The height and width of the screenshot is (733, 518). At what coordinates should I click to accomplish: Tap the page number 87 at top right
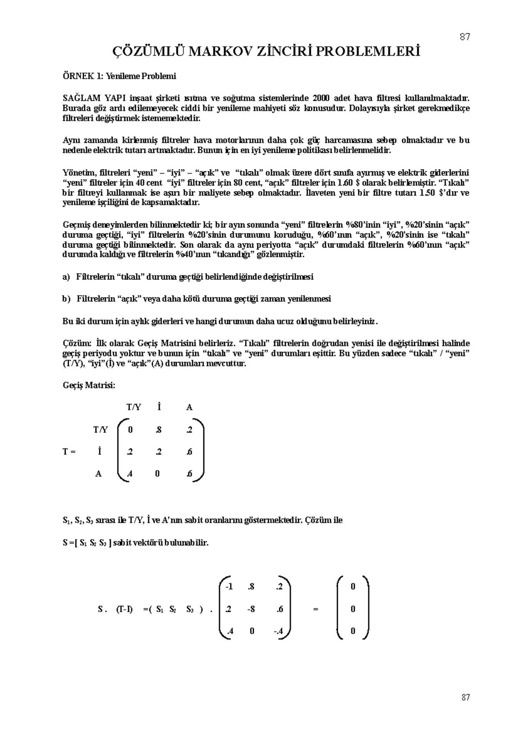[465, 37]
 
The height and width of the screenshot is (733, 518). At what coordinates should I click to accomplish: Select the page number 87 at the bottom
[465, 697]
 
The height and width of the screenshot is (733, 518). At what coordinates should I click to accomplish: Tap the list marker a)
[66, 276]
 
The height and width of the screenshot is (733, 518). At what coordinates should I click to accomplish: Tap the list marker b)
[66, 299]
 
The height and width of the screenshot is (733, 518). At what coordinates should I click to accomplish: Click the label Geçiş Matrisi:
[89, 385]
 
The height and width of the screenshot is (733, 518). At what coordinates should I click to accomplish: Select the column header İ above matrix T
[159, 407]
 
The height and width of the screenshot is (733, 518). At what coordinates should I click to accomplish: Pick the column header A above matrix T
[189, 407]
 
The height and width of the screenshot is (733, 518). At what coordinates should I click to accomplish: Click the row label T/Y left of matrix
[100, 430]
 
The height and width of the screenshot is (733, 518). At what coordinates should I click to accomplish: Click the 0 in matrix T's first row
[130, 430]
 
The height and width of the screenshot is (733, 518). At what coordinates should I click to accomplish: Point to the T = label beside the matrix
[69, 452]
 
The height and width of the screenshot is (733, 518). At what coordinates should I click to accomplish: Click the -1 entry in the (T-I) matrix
[228, 586]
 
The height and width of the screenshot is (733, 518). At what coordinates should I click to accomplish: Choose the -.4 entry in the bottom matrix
[278, 631]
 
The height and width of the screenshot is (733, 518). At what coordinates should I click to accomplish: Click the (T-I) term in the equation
[124, 609]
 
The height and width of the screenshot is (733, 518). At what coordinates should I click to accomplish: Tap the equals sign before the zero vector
[316, 609]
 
